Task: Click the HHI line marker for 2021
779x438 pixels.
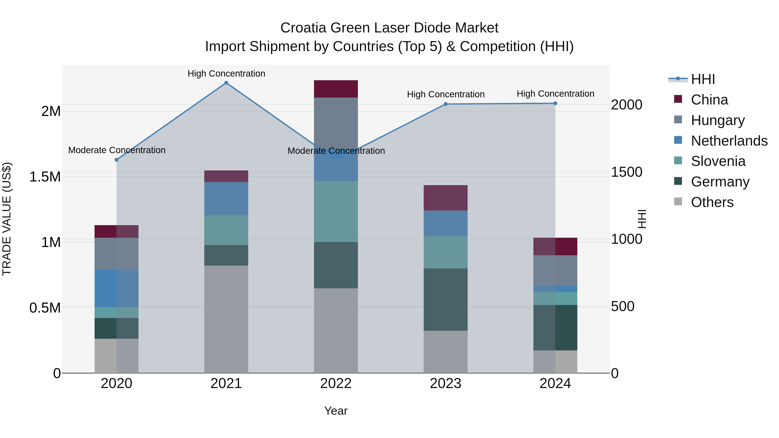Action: (226, 83)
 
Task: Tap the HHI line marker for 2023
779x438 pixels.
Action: (446, 104)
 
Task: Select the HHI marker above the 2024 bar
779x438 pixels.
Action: (555, 103)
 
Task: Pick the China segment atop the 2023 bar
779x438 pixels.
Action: (446, 198)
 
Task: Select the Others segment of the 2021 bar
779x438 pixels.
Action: (226, 319)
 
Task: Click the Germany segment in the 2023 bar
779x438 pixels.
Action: (446, 299)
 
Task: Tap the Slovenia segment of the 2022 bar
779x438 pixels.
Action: (336, 211)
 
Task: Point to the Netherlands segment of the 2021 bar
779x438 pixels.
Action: (226, 198)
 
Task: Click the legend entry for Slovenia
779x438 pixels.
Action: (718, 161)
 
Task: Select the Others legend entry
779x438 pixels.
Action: (712, 202)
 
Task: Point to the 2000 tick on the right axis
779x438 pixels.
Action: (626, 105)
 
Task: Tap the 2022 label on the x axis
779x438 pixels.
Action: (336, 383)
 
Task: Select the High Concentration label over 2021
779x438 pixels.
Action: (226, 74)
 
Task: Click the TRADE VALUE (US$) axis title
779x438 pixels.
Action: (7, 219)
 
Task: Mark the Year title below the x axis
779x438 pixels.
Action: (336, 411)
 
